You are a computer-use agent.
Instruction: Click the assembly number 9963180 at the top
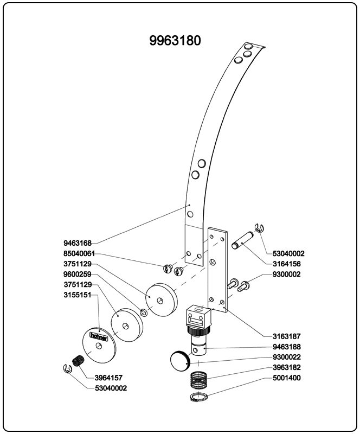[175, 41]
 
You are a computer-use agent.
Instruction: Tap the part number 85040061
[79, 253]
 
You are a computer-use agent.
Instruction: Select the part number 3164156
[286, 264]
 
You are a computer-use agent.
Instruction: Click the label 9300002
[286, 275]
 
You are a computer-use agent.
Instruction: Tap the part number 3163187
[286, 336]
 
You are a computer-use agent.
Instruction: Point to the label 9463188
[286, 347]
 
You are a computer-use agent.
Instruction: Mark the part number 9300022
[286, 357]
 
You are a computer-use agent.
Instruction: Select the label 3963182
[286, 367]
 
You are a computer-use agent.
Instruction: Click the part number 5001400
[286, 378]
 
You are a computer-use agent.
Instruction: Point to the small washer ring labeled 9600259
[144, 312]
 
